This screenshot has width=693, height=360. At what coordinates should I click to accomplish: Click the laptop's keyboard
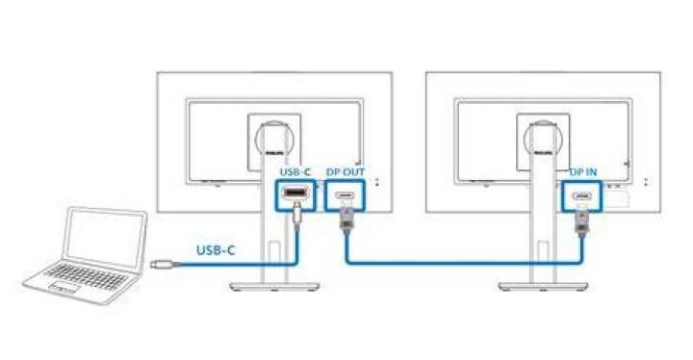[x=87, y=276]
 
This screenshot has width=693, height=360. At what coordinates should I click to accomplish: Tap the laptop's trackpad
[x=64, y=288]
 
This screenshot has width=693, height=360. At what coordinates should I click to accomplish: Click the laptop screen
[x=105, y=238]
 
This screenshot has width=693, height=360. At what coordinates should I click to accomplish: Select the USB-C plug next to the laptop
[x=160, y=265]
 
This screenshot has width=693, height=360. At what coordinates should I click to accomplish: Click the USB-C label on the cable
[x=216, y=250]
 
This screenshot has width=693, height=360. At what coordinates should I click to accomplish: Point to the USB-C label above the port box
[x=295, y=171]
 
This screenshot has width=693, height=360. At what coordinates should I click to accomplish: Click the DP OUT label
[x=346, y=171]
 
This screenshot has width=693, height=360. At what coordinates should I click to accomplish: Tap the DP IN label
[x=583, y=172]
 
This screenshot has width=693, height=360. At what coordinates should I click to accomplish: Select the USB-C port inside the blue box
[x=295, y=193]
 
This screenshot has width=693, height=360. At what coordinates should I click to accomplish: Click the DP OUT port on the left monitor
[x=345, y=194]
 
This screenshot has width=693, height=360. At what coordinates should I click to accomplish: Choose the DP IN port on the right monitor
[x=582, y=195]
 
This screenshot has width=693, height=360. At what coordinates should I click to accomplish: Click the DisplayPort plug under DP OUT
[x=346, y=218]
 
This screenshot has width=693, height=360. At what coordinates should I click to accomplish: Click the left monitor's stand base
[x=274, y=287]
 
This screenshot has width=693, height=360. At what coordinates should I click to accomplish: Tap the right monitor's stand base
[x=543, y=287]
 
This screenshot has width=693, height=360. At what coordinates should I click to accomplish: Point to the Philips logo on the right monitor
[x=543, y=153]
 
